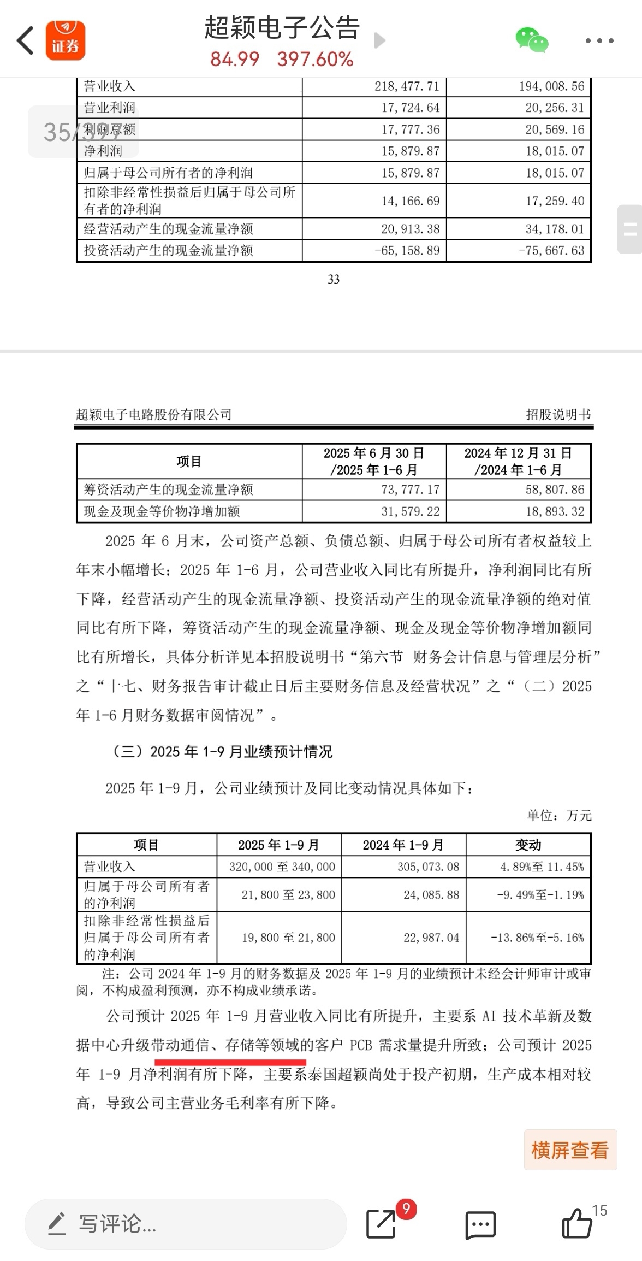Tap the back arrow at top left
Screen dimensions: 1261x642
coord(25,41)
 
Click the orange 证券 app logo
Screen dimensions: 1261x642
coord(65,41)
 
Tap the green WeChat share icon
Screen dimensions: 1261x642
coord(531,41)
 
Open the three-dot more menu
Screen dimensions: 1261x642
coord(599,41)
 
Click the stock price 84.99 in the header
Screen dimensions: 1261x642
coord(235,60)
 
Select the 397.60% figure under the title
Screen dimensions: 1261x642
coord(315,60)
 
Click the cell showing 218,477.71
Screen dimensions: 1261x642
coord(407,86)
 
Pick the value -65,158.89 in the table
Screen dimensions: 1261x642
coord(407,251)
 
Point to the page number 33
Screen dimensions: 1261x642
coord(334,280)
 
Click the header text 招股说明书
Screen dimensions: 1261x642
coord(558,415)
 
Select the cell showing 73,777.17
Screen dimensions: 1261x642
coord(410,490)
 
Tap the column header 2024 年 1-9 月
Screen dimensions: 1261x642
coord(403,845)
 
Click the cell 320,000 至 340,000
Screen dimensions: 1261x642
coord(282,867)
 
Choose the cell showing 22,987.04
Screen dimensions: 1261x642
coord(431,938)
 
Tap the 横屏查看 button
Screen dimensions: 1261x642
coord(570,1150)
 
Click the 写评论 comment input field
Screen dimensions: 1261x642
coord(186,1224)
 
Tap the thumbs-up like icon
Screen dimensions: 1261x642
coord(576,1224)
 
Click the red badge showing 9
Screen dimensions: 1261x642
coord(406,1209)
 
